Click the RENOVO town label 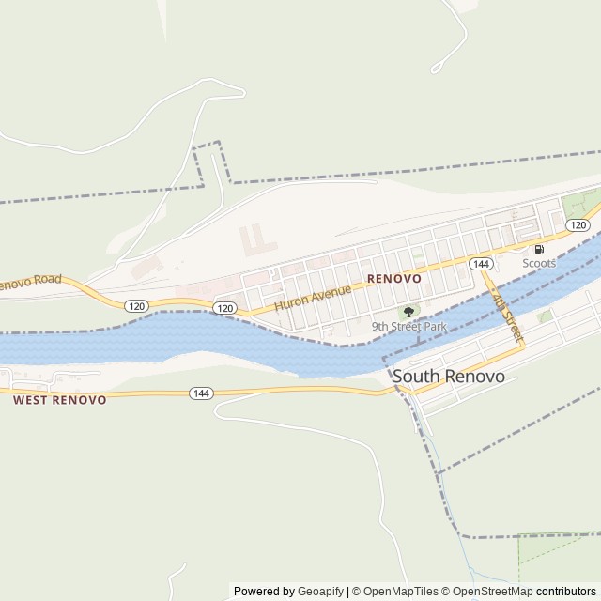[x=394, y=279]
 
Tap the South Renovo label [x=449, y=377]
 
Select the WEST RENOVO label [x=60, y=399]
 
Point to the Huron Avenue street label [x=313, y=298]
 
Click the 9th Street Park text [x=408, y=327]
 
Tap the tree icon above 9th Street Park [x=408, y=312]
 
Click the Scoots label [x=539, y=264]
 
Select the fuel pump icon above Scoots [x=539, y=250]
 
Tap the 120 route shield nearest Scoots [x=578, y=225]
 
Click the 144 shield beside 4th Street [x=482, y=264]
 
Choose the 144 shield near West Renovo [x=200, y=393]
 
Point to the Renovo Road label [x=28, y=282]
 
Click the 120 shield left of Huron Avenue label [x=223, y=307]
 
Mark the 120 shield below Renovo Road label [x=136, y=306]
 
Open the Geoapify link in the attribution [x=320, y=592]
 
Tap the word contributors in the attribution [x=566, y=592]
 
